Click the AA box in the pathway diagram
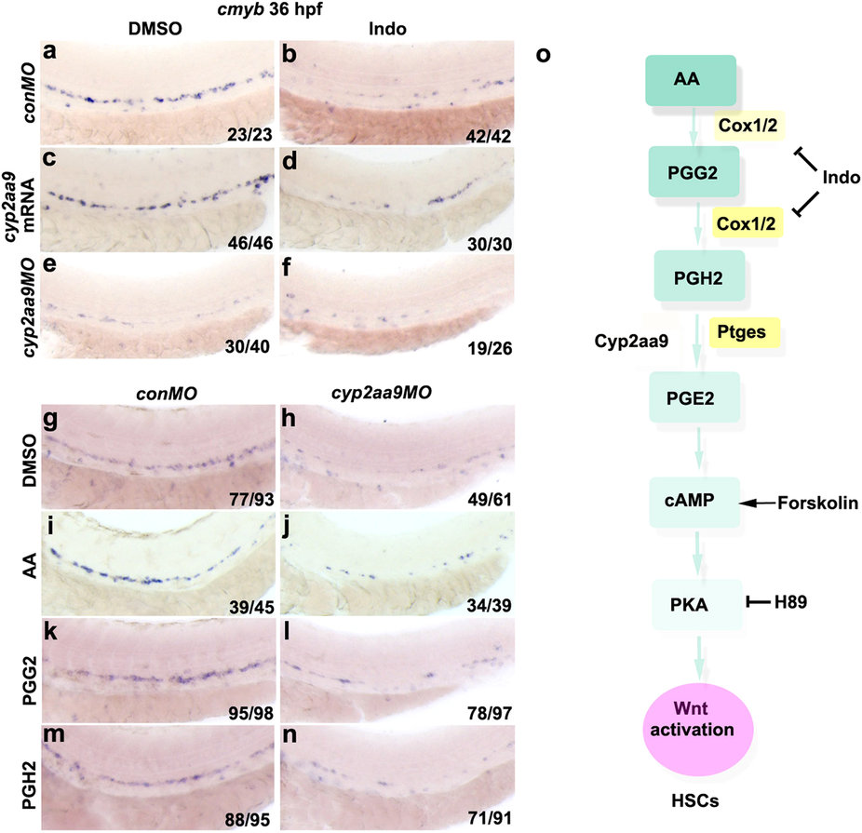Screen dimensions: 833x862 point(690,80)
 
